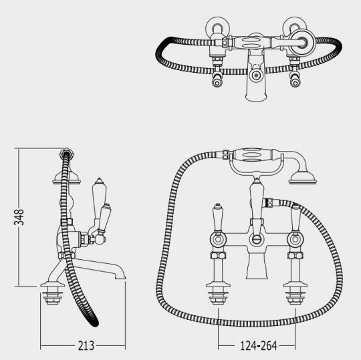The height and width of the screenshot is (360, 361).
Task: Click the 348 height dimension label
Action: pyautogui.click(x=19, y=217)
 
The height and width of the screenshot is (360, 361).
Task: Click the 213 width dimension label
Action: pyautogui.click(x=86, y=345)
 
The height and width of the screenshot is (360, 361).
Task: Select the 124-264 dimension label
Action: pyautogui.click(x=258, y=345)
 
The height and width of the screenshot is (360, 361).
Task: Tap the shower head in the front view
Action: pyautogui.click(x=303, y=178)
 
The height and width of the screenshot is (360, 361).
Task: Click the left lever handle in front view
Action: pyautogui.click(x=218, y=217)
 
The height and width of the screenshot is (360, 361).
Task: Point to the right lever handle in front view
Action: pyautogui.click(x=295, y=217)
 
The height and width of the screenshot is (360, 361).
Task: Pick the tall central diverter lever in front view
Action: pyautogui.click(x=257, y=200)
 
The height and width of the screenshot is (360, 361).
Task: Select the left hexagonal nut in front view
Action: pyautogui.click(x=218, y=255)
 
